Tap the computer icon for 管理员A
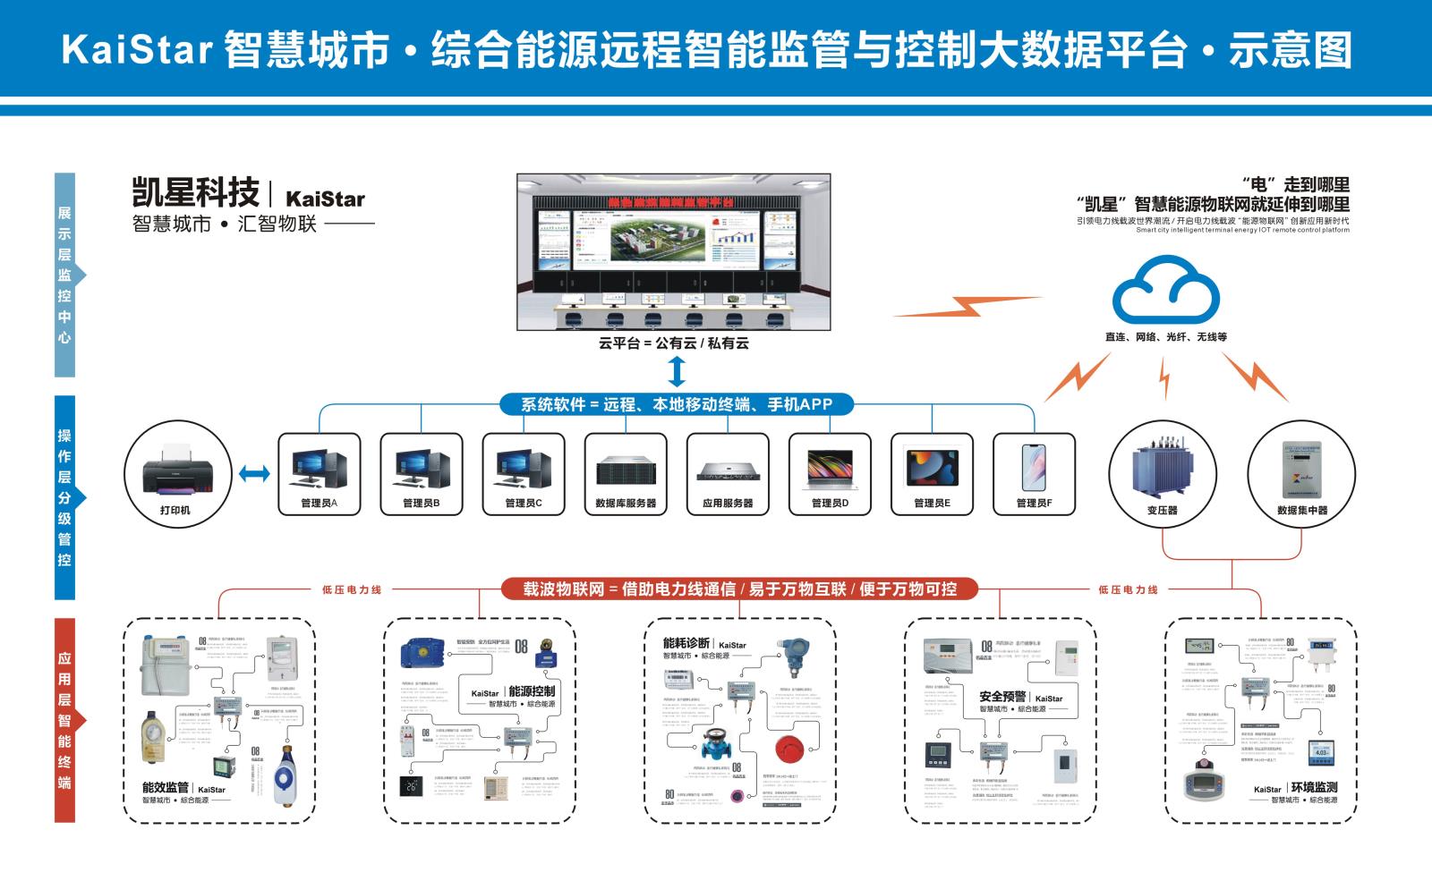click(319, 468)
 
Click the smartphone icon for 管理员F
click(1034, 468)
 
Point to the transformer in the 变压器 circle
click(1162, 467)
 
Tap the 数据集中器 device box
click(1301, 467)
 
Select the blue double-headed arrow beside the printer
click(255, 473)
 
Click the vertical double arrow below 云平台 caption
click(678, 369)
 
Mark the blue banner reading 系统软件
click(677, 404)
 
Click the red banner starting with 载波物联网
click(739, 589)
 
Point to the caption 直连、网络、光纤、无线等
click(1165, 337)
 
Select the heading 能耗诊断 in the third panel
click(686, 643)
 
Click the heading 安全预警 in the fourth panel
click(1002, 697)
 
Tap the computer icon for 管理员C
click(523, 468)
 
